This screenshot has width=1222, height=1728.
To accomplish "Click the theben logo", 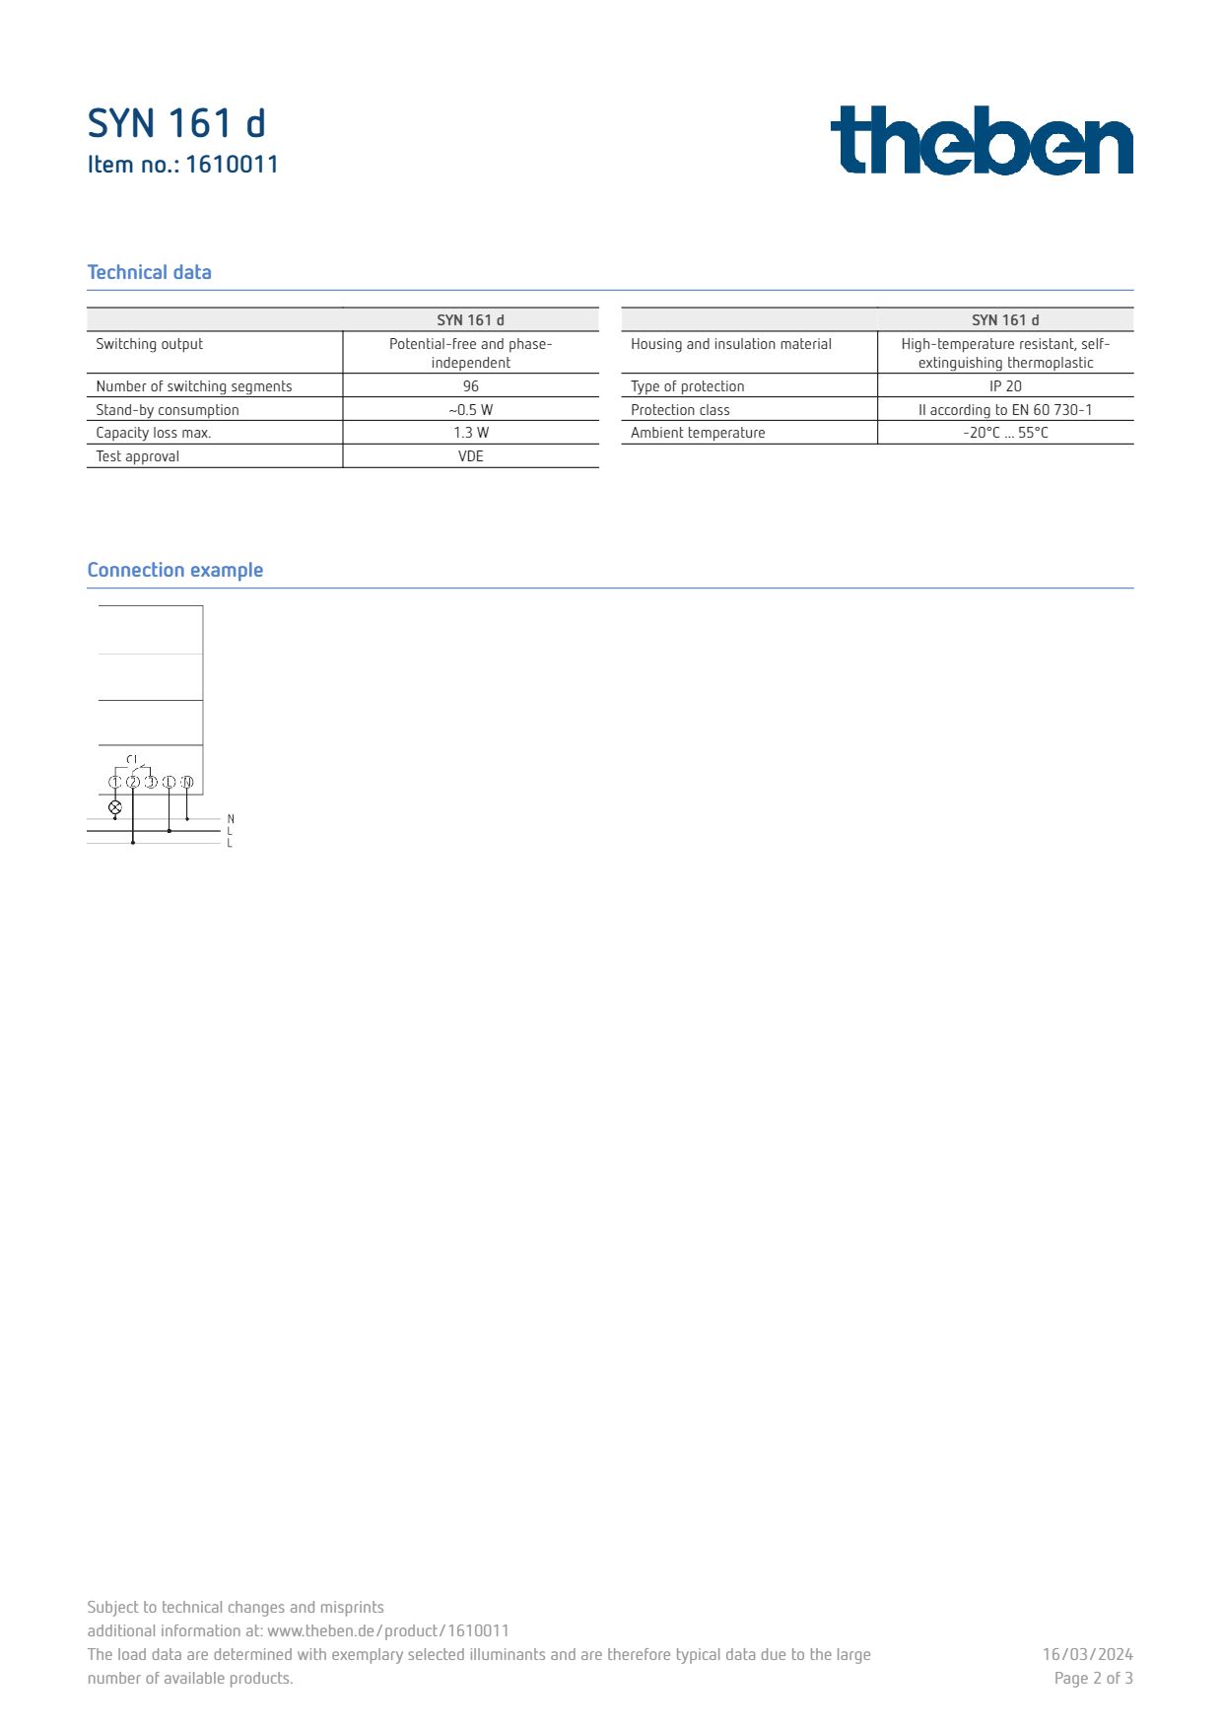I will [982, 140].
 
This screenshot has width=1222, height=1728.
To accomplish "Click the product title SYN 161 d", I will [176, 124].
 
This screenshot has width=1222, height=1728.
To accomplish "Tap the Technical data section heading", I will [149, 272].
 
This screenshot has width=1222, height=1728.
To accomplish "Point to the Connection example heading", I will [174, 570].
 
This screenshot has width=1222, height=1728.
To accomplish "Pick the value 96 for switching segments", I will [470, 386].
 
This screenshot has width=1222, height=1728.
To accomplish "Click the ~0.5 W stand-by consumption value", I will [470, 410].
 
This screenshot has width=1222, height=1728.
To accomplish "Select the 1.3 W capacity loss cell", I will [470, 433].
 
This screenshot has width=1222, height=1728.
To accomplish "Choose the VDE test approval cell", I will [470, 456].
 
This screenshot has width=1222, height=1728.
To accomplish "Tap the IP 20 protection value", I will [1005, 386].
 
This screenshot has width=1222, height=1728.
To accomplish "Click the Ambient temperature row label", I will [698, 433].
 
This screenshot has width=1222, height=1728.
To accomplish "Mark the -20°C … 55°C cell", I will [1005, 433].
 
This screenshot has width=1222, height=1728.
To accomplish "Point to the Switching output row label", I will [149, 344].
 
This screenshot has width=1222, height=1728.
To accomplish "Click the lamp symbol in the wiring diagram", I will [114, 807].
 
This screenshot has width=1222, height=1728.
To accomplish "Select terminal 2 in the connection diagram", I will [133, 782].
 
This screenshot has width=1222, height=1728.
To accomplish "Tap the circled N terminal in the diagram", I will [187, 782].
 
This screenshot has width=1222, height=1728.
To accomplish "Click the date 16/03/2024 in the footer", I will [1087, 1654].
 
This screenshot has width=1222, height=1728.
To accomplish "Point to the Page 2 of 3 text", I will [1093, 1678].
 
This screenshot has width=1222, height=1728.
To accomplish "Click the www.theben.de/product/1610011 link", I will [388, 1630].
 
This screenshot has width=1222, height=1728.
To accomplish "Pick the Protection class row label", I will [680, 410].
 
